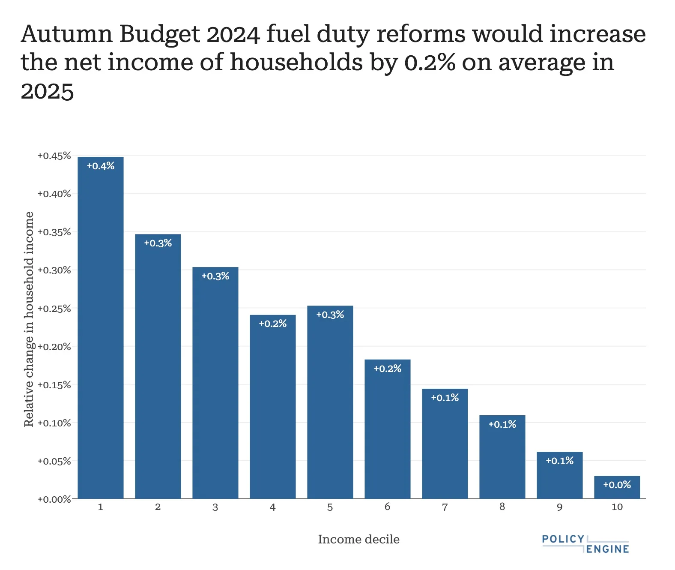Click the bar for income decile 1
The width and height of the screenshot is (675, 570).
pos(100,328)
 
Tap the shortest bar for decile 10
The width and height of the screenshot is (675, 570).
pos(617,487)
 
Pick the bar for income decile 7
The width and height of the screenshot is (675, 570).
pos(445,444)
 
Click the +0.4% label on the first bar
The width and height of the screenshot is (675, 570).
pos(101,166)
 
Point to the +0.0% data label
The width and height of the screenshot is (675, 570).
pos(617,485)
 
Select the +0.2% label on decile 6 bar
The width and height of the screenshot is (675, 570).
pos(387,369)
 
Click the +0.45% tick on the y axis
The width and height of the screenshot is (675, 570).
pos(54,156)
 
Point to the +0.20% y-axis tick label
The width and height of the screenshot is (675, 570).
pos(54,347)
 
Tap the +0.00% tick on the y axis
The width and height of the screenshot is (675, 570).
pos(54,499)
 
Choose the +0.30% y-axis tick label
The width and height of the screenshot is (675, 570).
pos(54,270)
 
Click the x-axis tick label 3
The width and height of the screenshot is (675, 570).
pos(215,507)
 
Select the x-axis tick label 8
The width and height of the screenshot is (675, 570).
pos(502,507)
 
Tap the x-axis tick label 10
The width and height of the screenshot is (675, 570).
pos(617,507)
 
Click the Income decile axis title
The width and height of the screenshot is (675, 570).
pos(358,539)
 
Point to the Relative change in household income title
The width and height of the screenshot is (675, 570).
pos(29,319)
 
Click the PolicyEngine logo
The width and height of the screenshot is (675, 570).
pos(585,544)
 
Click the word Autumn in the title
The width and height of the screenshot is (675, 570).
pos(66,34)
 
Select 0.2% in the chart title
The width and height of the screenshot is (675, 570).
pos(430,63)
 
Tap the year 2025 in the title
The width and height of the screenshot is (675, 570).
pos(47,91)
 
